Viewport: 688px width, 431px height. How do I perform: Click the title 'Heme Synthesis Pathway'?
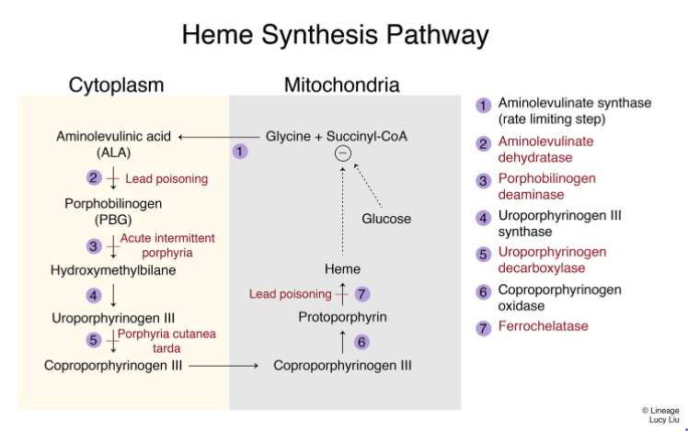[335, 35]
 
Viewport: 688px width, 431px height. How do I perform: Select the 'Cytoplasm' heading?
[116, 85]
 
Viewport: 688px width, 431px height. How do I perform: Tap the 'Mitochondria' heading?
[341, 85]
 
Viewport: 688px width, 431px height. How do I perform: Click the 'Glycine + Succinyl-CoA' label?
[337, 136]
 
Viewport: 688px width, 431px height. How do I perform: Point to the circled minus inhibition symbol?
[342, 153]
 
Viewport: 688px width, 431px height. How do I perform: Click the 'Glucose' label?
[386, 219]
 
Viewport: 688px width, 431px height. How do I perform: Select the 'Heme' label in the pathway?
[342, 269]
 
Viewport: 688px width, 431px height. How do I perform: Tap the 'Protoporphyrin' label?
[342, 317]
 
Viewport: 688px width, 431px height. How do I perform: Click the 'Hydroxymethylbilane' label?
[113, 271]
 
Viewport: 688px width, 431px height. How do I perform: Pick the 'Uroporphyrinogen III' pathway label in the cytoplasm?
[113, 317]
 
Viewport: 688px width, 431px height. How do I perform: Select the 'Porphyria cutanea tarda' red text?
[166, 341]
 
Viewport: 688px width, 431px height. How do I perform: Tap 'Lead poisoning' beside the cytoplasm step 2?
[166, 178]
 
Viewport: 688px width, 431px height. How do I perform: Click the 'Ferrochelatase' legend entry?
[544, 326]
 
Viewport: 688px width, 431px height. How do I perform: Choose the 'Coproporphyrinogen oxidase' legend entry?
[559, 298]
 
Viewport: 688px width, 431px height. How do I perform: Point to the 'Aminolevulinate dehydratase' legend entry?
[545, 149]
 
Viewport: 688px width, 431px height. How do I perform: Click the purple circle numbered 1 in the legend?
[484, 106]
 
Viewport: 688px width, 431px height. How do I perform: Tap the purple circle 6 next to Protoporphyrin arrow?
[362, 342]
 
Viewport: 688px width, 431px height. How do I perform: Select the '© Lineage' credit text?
[660, 410]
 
